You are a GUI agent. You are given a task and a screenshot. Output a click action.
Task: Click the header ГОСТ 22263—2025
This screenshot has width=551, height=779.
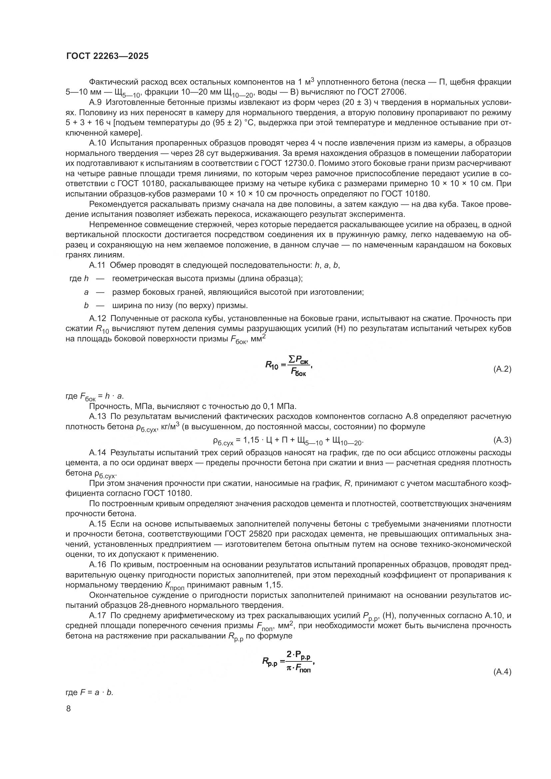tap(107, 56)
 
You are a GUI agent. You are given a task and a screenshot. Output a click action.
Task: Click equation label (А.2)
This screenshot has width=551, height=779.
tap(502, 369)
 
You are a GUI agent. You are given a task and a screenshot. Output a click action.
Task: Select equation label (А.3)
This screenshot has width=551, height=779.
tap(502, 440)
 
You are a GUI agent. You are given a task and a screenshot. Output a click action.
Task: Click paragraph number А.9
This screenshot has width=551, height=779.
tap(95, 103)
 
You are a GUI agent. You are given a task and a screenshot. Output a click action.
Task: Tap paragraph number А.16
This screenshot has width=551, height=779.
tap(97, 565)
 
